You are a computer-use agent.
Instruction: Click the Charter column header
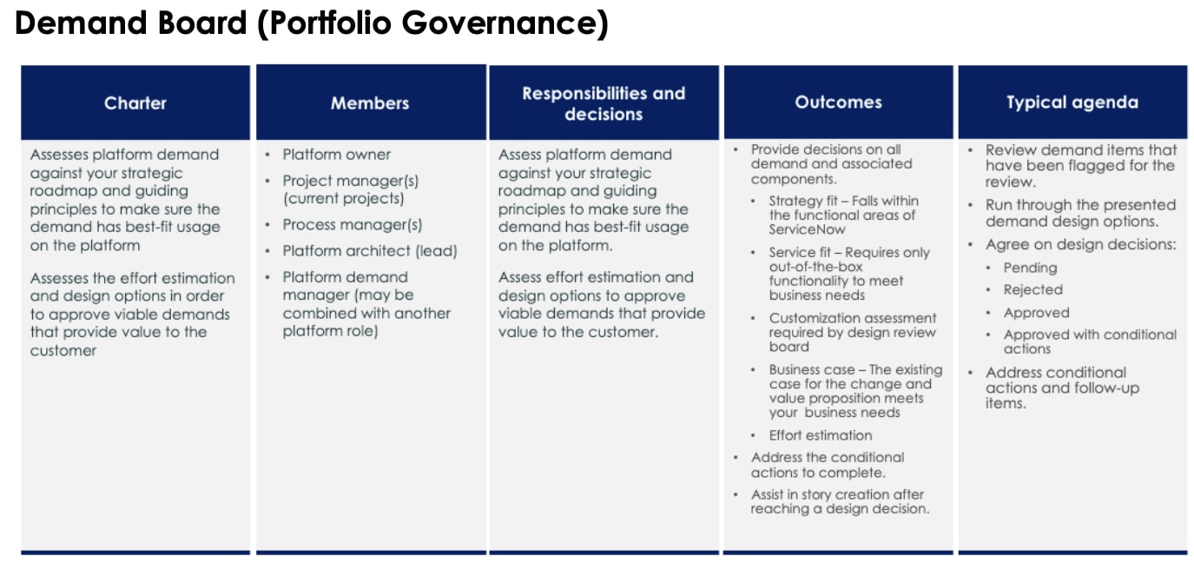point(135,103)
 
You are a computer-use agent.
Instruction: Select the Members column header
point(369,103)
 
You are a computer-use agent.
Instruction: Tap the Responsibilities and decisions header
point(604,103)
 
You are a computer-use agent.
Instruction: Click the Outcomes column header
point(838,103)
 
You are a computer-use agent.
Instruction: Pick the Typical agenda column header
point(1072,103)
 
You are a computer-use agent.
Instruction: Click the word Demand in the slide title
point(69,23)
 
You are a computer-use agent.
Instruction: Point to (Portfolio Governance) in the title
point(432,23)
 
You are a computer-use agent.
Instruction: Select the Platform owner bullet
point(336,155)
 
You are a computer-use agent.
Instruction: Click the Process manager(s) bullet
point(352,225)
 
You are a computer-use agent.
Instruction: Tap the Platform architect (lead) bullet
point(369,251)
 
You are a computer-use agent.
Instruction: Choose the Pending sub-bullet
point(1030,268)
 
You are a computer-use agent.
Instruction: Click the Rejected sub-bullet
point(1032,289)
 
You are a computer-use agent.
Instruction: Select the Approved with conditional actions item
point(1089,341)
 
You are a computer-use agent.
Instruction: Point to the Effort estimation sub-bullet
point(820,435)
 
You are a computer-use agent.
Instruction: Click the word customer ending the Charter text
point(63,350)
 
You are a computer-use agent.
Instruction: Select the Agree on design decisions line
point(1080,245)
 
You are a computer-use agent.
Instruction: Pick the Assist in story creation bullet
point(838,501)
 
